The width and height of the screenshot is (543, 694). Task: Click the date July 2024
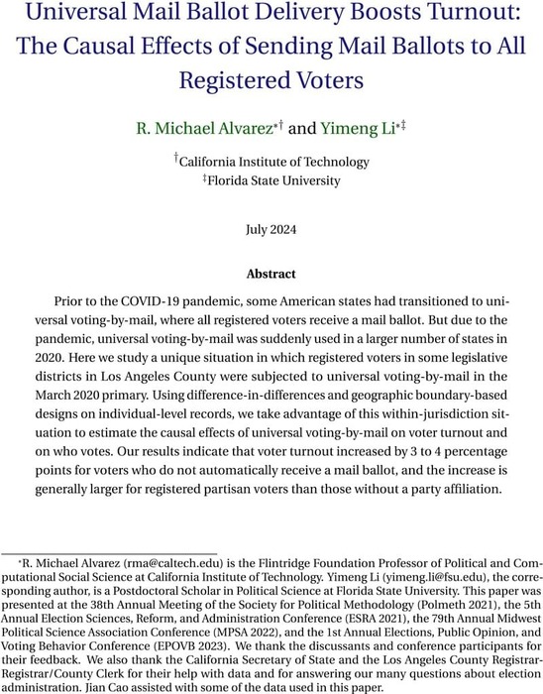coord(271,228)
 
